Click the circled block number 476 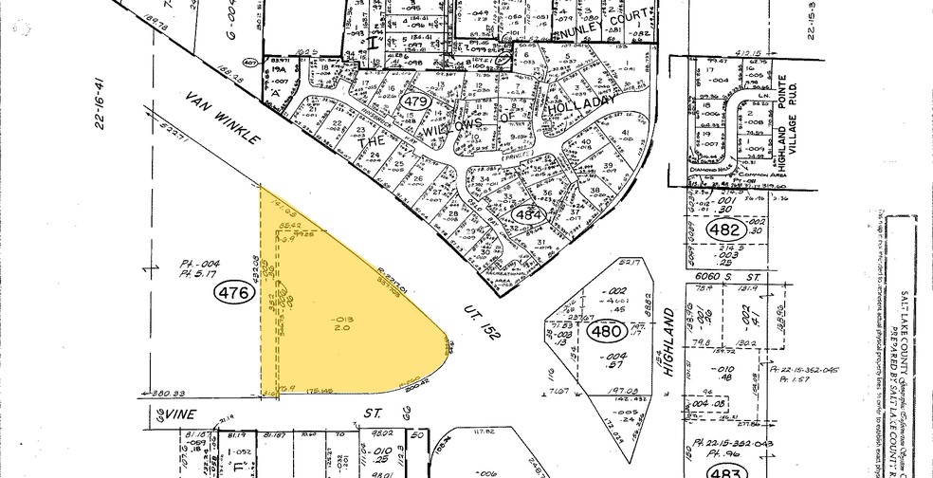pyautogui.click(x=234, y=294)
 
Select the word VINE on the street pyautogui.click(x=179, y=414)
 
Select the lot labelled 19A pyautogui.click(x=278, y=70)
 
